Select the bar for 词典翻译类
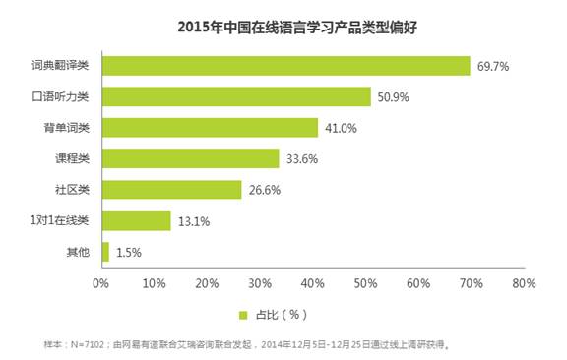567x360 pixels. (x=285, y=66)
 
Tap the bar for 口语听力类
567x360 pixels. (x=235, y=96)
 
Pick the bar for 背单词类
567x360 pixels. (x=210, y=128)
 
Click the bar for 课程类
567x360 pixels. (x=190, y=158)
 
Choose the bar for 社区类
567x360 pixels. (x=171, y=190)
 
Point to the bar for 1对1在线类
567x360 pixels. (x=135, y=220)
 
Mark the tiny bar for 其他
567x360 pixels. (x=104, y=252)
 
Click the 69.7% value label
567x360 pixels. (x=494, y=67)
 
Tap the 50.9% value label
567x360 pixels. (x=395, y=97)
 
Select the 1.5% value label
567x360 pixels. (x=129, y=253)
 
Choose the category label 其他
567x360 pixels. (x=76, y=253)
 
